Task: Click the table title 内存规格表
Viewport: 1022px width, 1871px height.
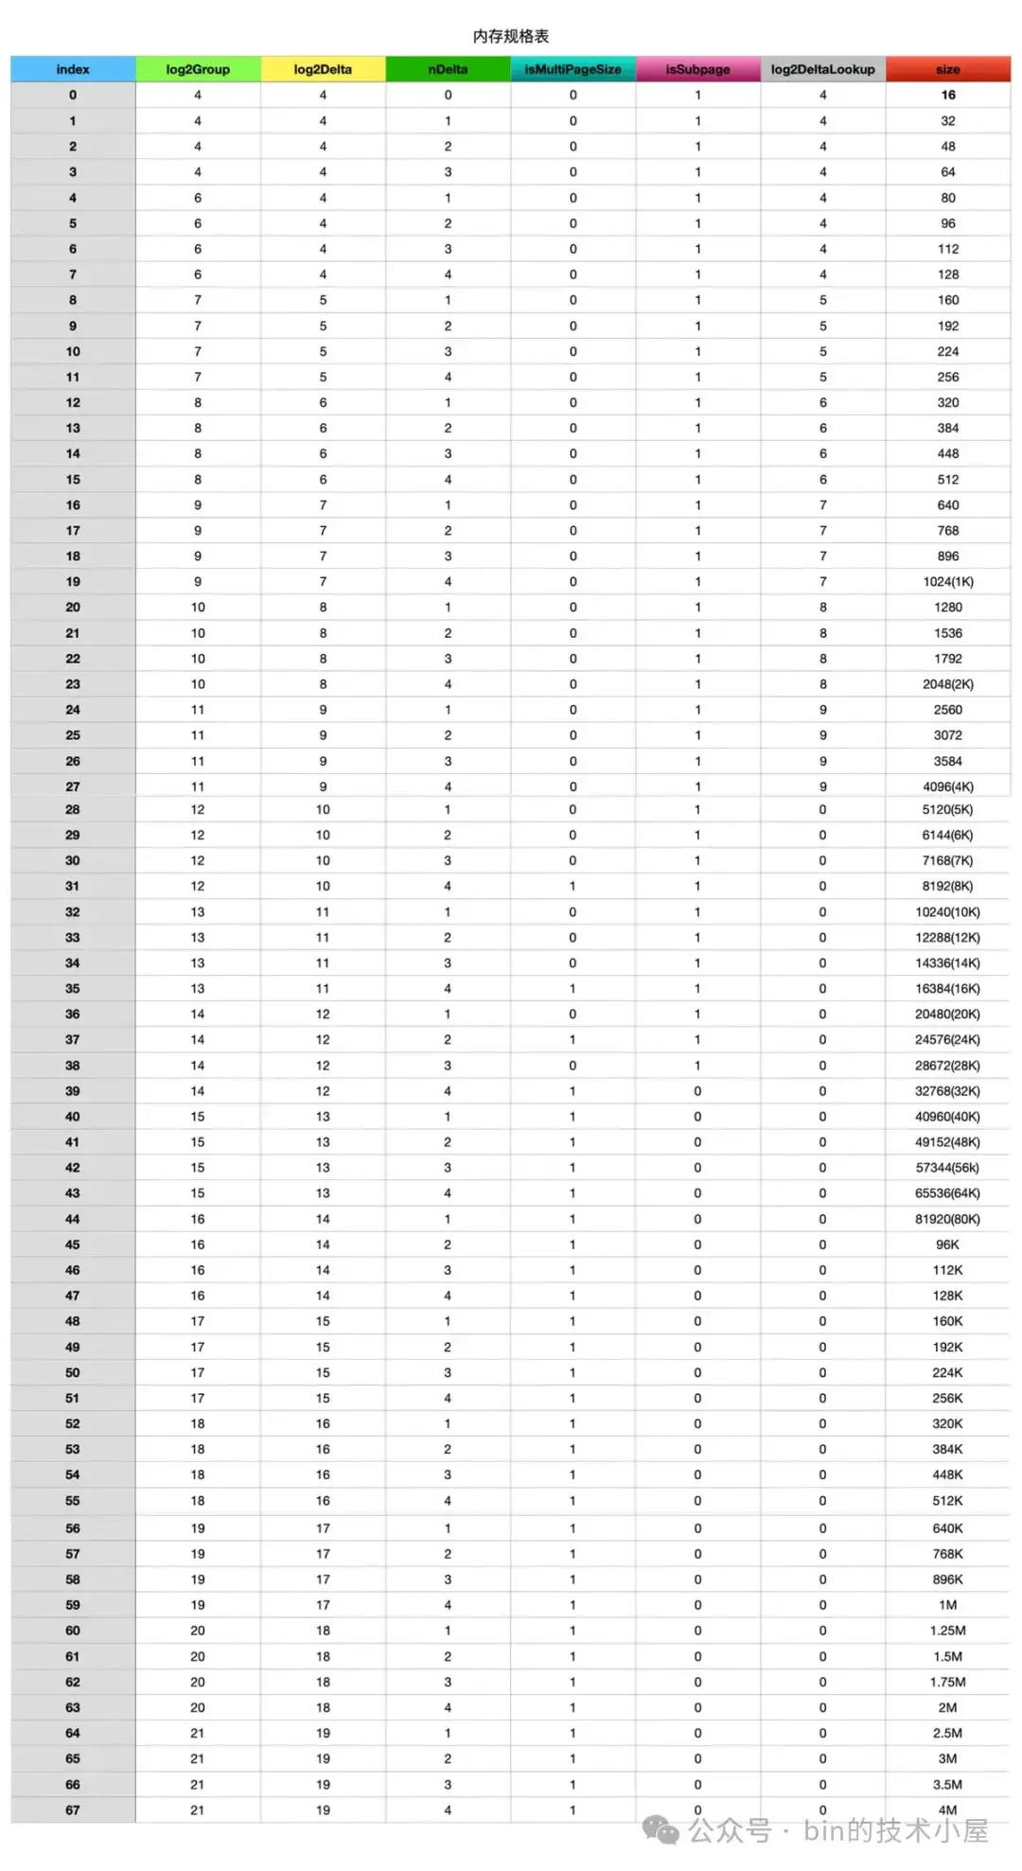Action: tap(511, 36)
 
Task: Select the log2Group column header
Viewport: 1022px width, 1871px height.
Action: tap(198, 69)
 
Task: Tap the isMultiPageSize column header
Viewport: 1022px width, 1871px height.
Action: tap(573, 69)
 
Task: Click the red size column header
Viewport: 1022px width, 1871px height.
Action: tap(947, 69)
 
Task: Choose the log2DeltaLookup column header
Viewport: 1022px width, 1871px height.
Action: tap(822, 69)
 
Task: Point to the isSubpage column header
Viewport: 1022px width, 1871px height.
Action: tap(697, 69)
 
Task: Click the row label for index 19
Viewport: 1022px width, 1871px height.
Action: tap(73, 582)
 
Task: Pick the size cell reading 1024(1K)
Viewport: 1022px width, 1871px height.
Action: tap(947, 582)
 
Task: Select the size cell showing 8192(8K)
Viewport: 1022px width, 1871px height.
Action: tap(947, 887)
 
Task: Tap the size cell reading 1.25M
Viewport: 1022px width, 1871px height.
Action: tap(947, 1631)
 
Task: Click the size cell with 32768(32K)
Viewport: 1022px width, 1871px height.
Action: tap(947, 1091)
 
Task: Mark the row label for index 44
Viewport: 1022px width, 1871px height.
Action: tap(73, 1219)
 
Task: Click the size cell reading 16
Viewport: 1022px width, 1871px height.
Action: tap(947, 95)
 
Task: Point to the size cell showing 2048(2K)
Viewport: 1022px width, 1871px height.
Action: tap(947, 684)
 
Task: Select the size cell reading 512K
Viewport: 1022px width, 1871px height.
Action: tap(947, 1501)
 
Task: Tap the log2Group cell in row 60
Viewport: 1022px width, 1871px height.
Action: tap(198, 1631)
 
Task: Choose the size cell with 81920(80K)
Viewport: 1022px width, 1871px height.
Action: tap(947, 1219)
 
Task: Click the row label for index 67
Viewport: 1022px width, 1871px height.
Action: tap(73, 1810)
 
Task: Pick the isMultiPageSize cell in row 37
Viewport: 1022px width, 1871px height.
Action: tap(573, 1040)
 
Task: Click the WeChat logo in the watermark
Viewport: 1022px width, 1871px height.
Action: tap(661, 1830)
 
